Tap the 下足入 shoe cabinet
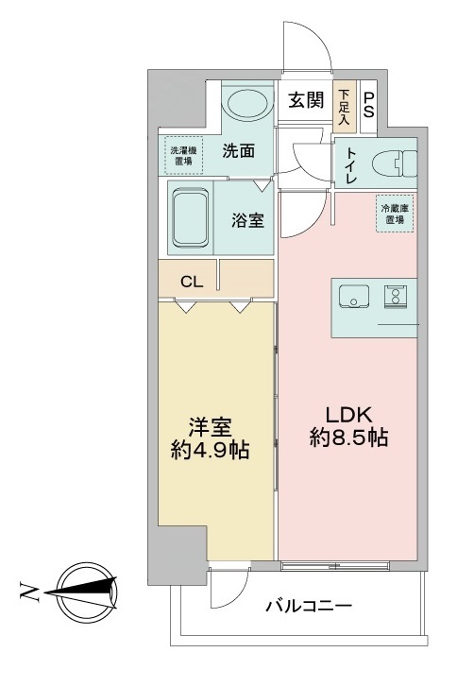point(346,106)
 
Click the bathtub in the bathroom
point(192,217)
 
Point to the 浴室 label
point(247,221)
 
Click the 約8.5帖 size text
point(348,438)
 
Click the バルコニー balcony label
point(308,605)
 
